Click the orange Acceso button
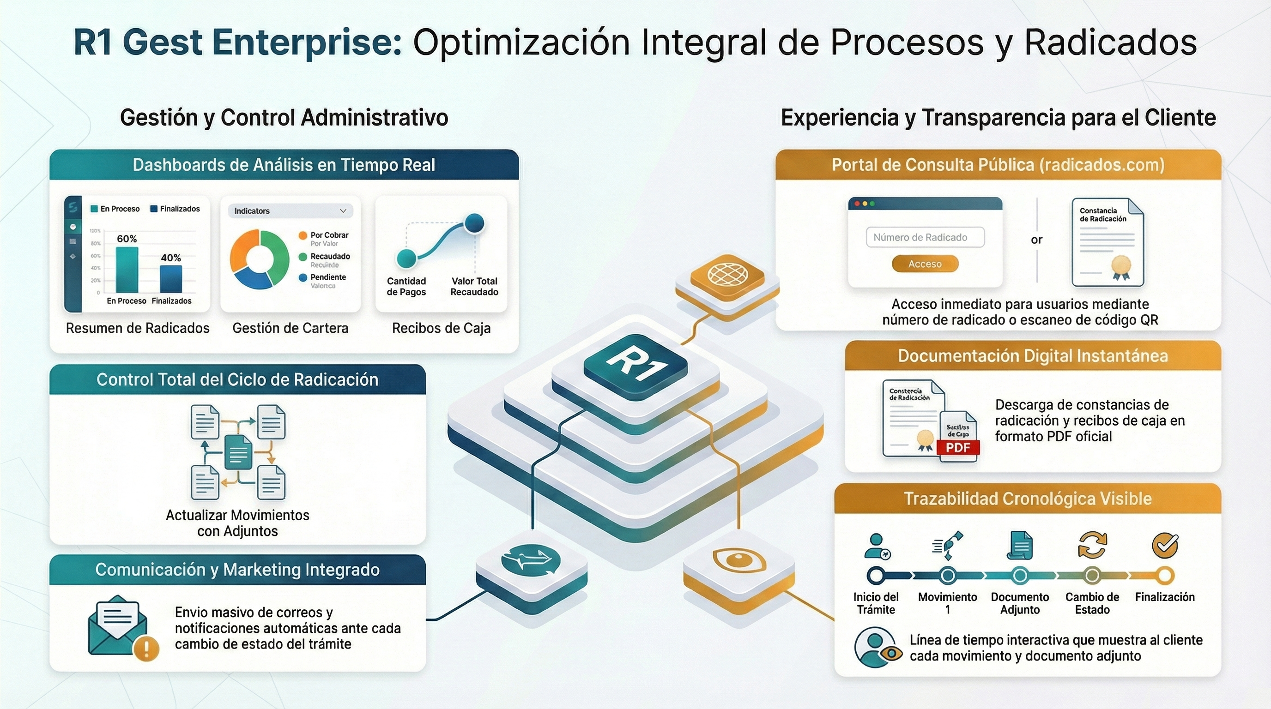pos(925,264)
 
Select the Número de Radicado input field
pos(925,237)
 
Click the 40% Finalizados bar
pos(171,279)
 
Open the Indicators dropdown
pos(290,211)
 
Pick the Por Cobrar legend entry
pos(329,235)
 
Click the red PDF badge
pos(958,448)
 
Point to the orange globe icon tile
pos(727,274)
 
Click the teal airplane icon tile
pos(531,560)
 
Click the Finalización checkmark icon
pos(1164,545)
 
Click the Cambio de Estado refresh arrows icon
pos(1092,545)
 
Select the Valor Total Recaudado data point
pos(475,223)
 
